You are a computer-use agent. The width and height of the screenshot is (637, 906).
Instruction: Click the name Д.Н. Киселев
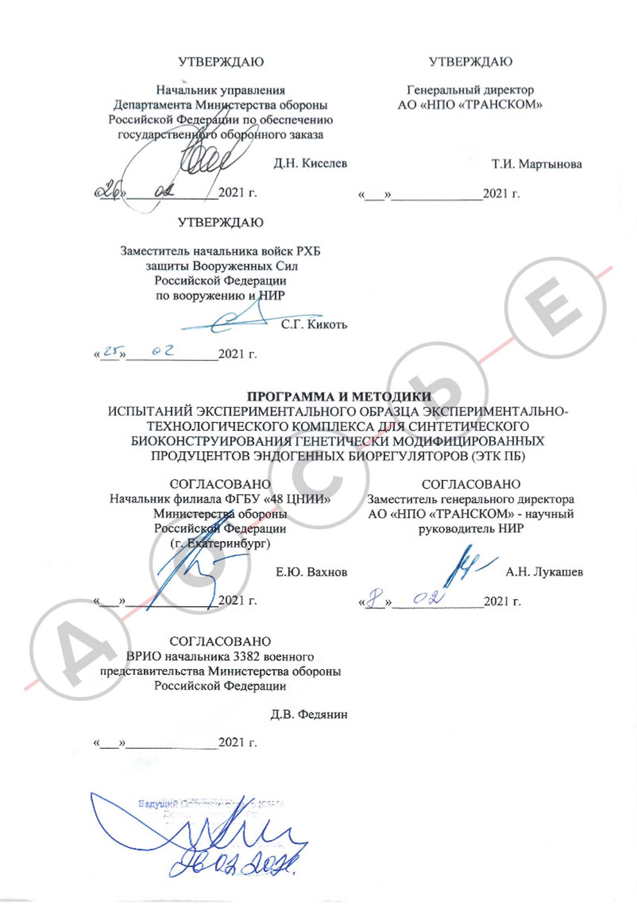click(x=310, y=163)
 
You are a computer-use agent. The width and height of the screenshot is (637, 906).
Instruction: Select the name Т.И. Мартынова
click(x=536, y=164)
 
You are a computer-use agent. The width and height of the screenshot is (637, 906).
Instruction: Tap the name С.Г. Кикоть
click(x=314, y=324)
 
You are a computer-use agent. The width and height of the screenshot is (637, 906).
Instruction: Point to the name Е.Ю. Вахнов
click(x=311, y=572)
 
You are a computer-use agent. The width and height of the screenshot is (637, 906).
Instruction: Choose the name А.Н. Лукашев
click(x=544, y=572)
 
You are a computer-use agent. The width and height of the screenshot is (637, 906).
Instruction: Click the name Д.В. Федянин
click(x=309, y=714)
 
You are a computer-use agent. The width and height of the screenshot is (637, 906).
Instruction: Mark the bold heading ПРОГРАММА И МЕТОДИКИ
click(x=339, y=396)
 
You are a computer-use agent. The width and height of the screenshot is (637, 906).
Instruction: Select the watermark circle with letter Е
click(x=555, y=307)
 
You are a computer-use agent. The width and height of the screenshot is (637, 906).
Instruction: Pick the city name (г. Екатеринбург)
click(x=220, y=543)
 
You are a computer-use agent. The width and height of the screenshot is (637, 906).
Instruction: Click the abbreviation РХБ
click(x=308, y=251)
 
